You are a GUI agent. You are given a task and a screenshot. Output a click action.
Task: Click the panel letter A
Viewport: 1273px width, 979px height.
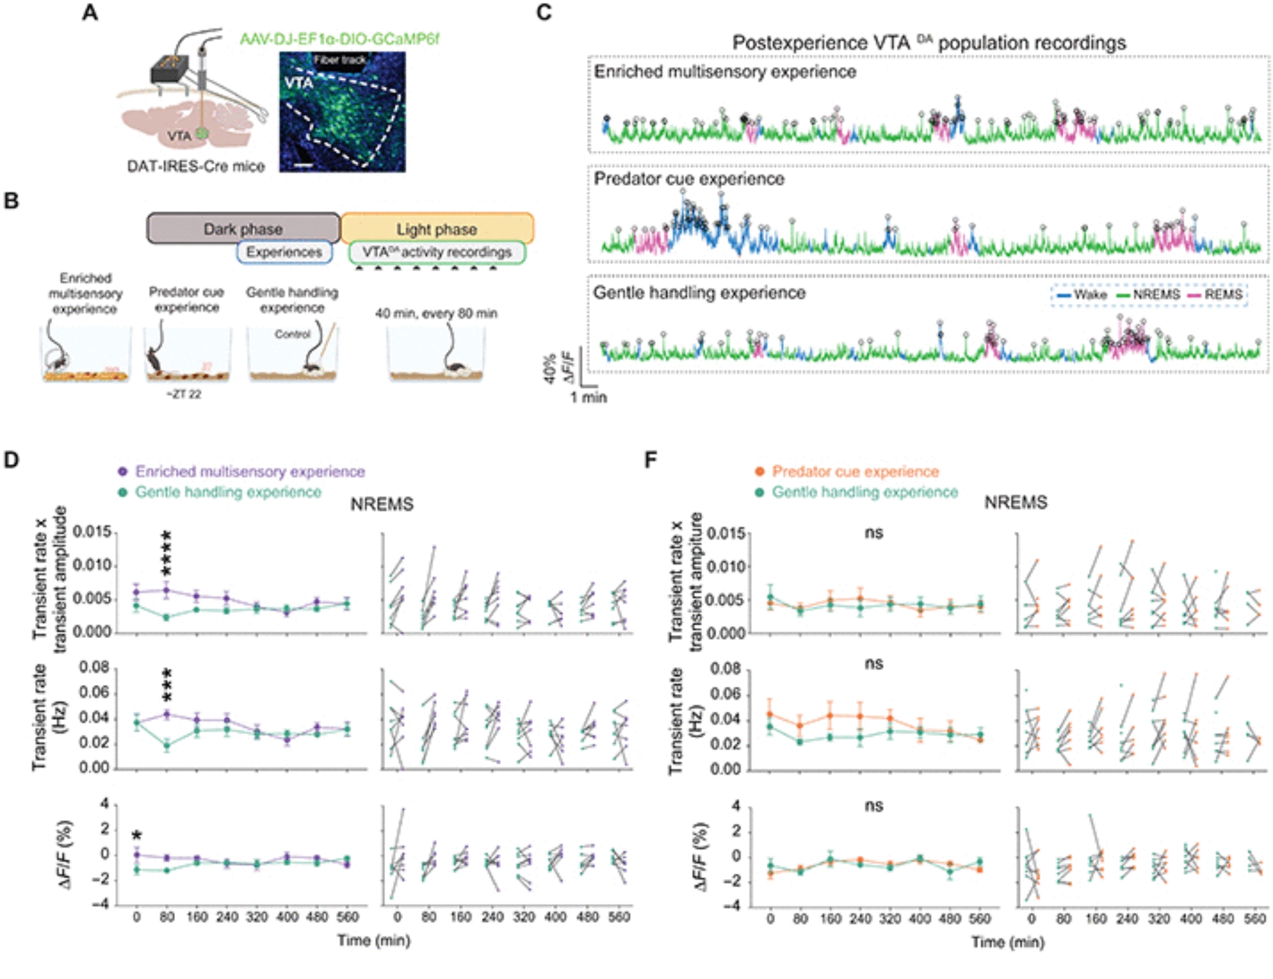(x=90, y=12)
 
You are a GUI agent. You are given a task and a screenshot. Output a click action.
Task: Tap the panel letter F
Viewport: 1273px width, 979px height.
(x=651, y=460)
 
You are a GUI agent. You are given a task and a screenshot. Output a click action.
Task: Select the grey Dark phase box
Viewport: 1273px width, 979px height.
(x=243, y=229)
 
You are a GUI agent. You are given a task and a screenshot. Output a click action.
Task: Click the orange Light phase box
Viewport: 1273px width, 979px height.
(x=437, y=229)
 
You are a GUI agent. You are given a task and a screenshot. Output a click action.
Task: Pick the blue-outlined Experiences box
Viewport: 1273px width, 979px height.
(x=284, y=252)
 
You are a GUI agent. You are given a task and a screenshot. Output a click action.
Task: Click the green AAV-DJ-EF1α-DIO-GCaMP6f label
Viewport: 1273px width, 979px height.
(x=339, y=39)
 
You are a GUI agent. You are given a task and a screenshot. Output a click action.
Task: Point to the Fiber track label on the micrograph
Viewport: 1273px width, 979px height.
(x=339, y=60)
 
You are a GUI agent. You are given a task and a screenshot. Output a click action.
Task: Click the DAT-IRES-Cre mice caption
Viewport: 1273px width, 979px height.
(x=195, y=166)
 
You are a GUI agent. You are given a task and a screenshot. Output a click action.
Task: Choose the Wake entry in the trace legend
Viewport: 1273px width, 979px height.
(x=1082, y=295)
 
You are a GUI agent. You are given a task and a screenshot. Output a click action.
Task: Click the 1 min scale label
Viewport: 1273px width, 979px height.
(x=588, y=397)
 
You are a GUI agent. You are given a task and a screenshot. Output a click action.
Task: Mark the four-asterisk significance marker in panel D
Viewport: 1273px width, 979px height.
(x=167, y=553)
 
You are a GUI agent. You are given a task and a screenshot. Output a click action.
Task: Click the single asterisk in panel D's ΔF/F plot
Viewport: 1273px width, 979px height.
(x=137, y=836)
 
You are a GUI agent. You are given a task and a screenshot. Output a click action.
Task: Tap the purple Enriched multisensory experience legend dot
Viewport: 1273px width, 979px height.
(x=123, y=472)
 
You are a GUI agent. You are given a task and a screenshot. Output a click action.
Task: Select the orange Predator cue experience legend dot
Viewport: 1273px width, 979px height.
(x=759, y=472)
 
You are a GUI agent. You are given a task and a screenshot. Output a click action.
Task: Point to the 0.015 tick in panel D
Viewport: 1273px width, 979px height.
(x=92, y=532)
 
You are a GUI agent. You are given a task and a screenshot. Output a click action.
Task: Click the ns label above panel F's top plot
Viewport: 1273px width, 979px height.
(x=874, y=533)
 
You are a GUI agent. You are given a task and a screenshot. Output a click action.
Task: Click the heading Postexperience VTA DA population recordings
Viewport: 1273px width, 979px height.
(x=929, y=43)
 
